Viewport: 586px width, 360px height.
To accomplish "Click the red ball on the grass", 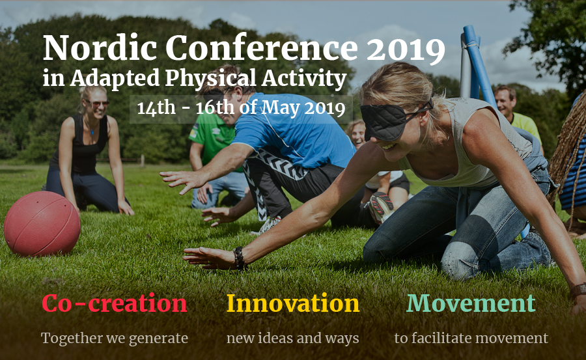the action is (42, 223).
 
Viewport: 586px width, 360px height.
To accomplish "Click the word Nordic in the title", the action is (100, 48).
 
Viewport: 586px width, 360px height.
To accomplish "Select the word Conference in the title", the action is (261, 48).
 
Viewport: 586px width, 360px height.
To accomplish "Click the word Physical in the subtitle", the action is (210, 79).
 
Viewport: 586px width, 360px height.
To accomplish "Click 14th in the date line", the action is (156, 107).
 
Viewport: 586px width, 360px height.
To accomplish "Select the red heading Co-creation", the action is (115, 303).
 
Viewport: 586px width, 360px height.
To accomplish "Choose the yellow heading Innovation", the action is (292, 303).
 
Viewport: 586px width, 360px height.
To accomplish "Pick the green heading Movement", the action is (471, 303).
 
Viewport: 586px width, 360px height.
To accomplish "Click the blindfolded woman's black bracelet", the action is (239, 258).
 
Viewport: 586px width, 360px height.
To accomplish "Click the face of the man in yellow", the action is (505, 101).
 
